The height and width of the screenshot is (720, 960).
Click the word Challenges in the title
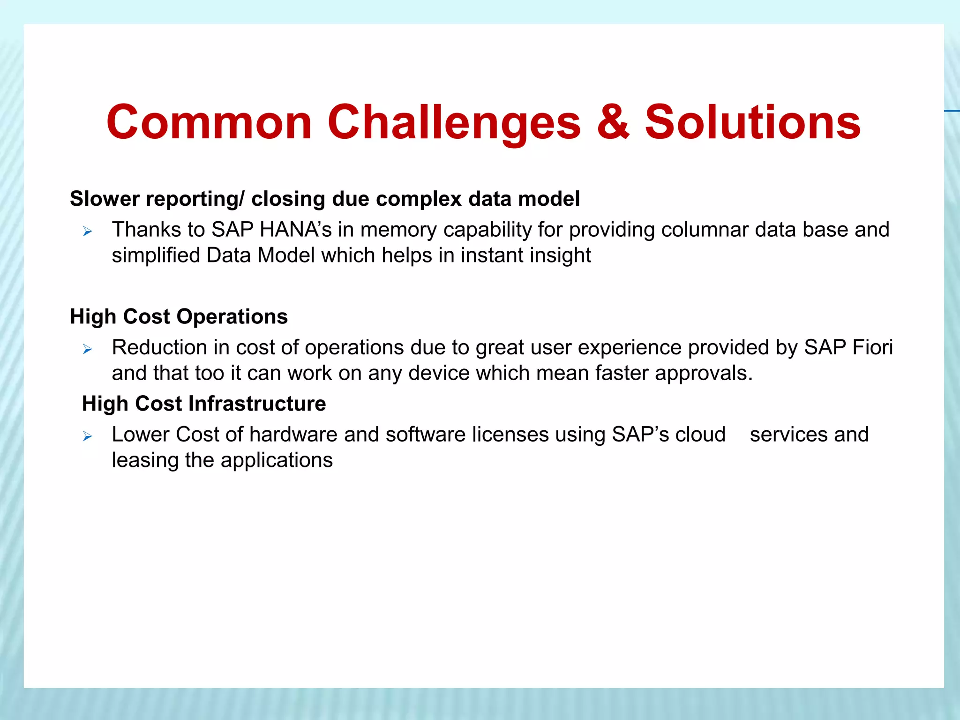pyautogui.click(x=454, y=123)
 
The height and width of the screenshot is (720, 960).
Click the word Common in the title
pyautogui.click(x=209, y=123)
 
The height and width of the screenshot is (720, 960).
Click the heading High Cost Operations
pyautogui.click(x=179, y=316)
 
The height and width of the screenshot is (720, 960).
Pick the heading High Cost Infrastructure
pyautogui.click(x=204, y=404)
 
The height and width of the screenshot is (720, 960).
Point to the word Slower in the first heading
pyautogui.click(x=105, y=199)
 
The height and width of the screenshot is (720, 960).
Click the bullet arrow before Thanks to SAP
pyautogui.click(x=87, y=231)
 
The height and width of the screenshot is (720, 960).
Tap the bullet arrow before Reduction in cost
pyautogui.click(x=87, y=349)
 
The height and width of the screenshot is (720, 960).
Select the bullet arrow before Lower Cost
pyautogui.click(x=87, y=436)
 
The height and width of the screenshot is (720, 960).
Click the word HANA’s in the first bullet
pyautogui.click(x=295, y=230)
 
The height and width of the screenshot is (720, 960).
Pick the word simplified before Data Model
pyautogui.click(x=156, y=256)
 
